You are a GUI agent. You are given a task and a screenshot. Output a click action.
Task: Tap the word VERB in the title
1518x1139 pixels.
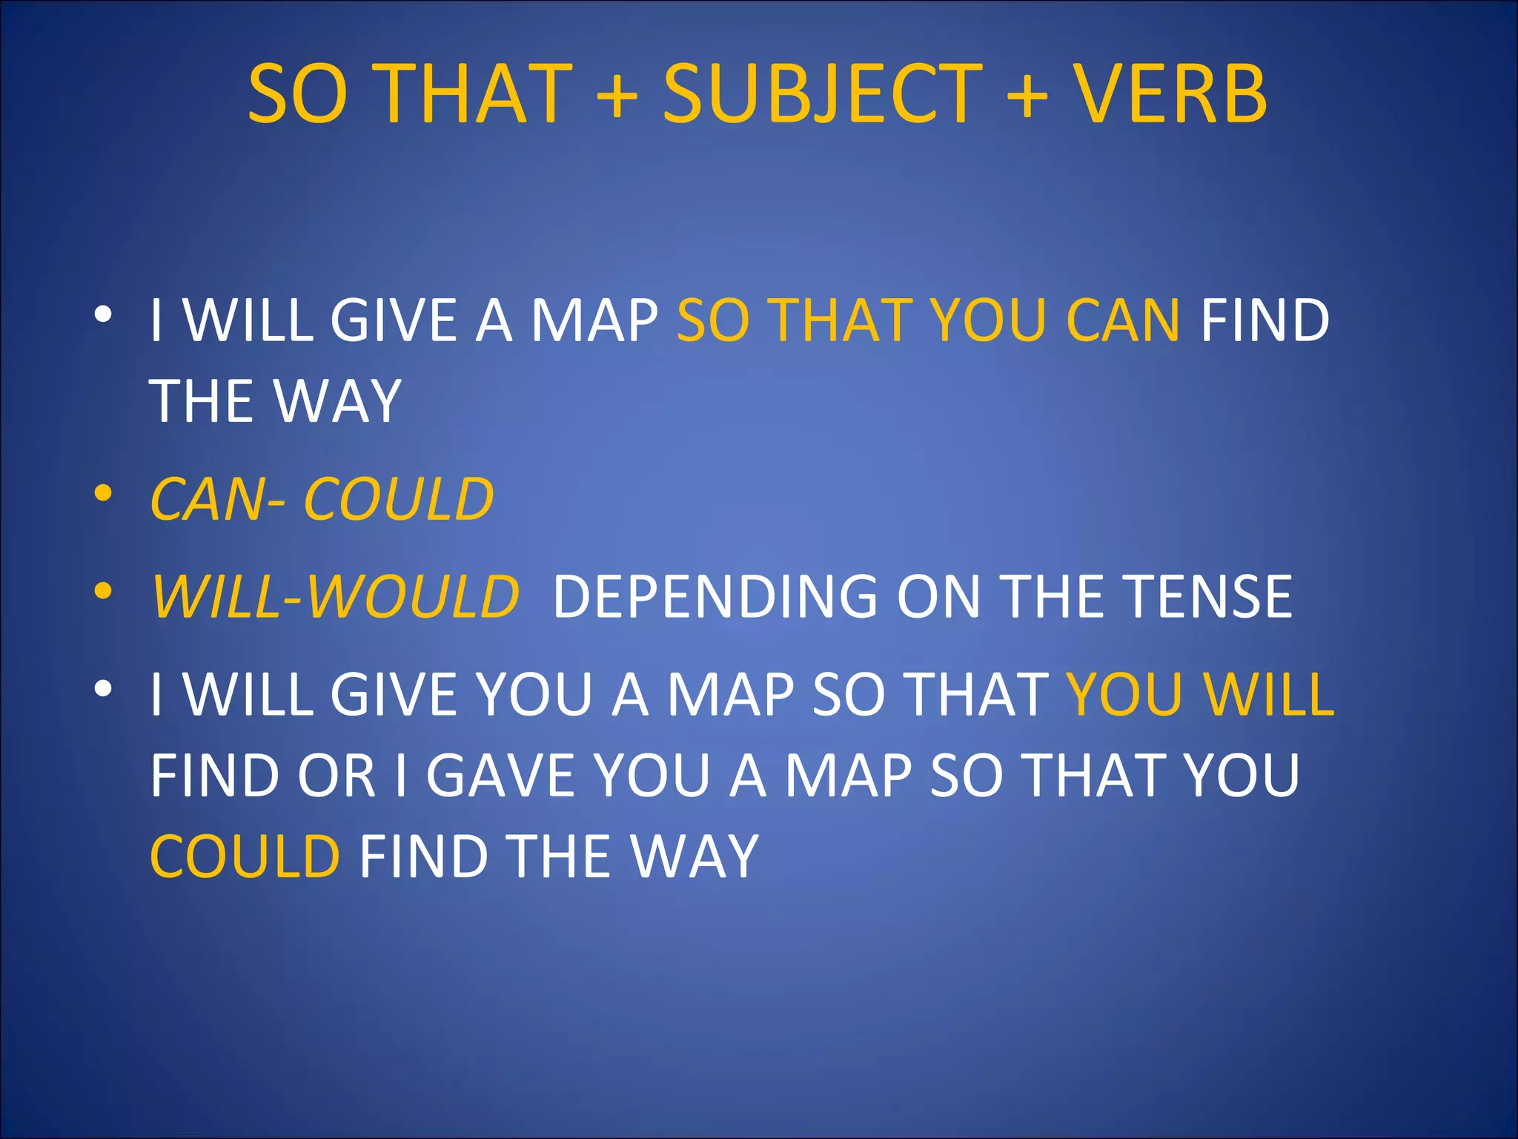click(1171, 94)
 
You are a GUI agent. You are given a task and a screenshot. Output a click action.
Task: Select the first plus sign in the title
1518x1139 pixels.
click(617, 94)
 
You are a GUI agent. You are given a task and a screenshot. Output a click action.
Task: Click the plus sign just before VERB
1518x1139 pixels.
click(1027, 94)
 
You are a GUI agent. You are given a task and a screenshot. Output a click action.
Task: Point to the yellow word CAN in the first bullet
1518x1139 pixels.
click(1122, 320)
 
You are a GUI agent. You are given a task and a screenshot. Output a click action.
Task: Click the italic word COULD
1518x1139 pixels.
click(399, 499)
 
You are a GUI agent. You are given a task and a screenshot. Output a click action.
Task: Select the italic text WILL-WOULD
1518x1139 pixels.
click(335, 596)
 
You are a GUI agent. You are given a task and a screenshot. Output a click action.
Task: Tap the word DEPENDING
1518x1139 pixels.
click(715, 596)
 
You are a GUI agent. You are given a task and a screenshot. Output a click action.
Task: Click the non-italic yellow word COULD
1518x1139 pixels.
click(245, 856)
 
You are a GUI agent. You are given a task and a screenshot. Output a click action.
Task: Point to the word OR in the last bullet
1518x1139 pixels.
click(337, 776)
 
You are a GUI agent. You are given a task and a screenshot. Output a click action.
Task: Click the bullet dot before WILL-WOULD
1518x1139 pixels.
click(103, 591)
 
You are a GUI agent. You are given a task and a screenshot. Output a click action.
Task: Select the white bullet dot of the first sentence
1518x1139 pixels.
click(103, 315)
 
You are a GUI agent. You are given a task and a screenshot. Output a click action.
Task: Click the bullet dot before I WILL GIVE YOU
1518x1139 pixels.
click(103, 689)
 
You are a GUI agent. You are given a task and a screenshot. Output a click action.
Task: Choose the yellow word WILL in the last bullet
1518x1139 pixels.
click(1269, 695)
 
